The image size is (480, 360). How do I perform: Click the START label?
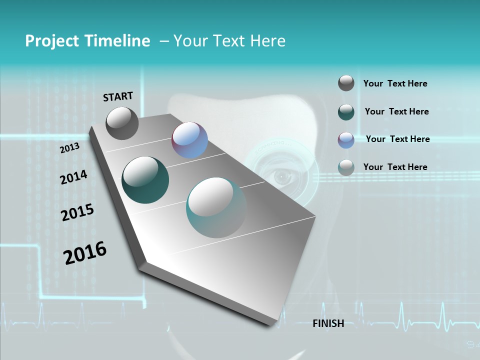pyautogui.click(x=118, y=96)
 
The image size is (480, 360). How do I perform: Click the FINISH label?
pyautogui.click(x=328, y=323)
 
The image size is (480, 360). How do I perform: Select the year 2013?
pyautogui.click(x=69, y=148)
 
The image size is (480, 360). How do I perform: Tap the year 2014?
pyautogui.click(x=73, y=177)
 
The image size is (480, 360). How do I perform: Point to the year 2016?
pyautogui.click(x=85, y=253)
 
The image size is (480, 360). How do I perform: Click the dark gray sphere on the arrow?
pyautogui.click(x=122, y=123)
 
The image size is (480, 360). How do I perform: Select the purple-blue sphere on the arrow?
pyautogui.click(x=189, y=140)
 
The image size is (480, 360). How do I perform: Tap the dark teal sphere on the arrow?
pyautogui.click(x=145, y=180)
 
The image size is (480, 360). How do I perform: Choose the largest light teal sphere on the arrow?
pyautogui.click(x=216, y=207)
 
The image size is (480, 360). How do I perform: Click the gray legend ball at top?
pyautogui.click(x=346, y=83)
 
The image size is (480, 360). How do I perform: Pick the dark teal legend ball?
pyautogui.click(x=346, y=112)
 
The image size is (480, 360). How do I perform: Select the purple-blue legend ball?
pyautogui.click(x=346, y=140)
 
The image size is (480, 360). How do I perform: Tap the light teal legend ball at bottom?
pyautogui.click(x=346, y=167)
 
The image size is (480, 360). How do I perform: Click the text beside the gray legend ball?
pyautogui.click(x=395, y=84)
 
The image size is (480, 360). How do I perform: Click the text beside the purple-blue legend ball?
pyautogui.click(x=397, y=139)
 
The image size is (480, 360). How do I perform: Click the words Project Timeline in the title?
pyautogui.click(x=87, y=41)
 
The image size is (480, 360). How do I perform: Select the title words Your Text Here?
pyautogui.click(x=229, y=41)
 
